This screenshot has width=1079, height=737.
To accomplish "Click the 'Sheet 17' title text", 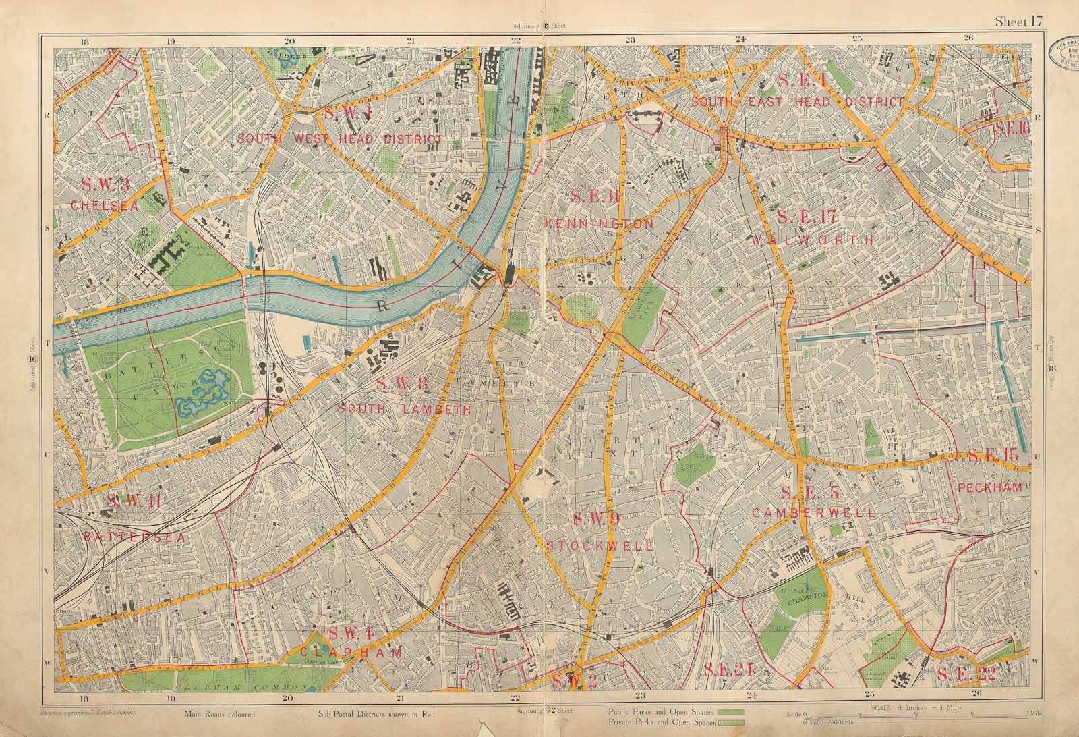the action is [1018, 22].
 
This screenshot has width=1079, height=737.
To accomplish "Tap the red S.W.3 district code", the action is [105, 184].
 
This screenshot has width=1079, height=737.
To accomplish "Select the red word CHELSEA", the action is [105, 205].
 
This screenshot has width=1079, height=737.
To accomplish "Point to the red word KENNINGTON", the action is [599, 223].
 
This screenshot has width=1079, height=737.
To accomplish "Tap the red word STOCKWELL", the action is [600, 545].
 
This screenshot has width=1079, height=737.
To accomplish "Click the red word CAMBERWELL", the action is [814, 512].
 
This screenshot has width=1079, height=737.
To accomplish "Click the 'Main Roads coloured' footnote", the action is [218, 714].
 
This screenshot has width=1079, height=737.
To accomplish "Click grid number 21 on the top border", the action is [410, 40].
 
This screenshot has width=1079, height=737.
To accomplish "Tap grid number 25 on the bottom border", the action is [869, 694].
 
